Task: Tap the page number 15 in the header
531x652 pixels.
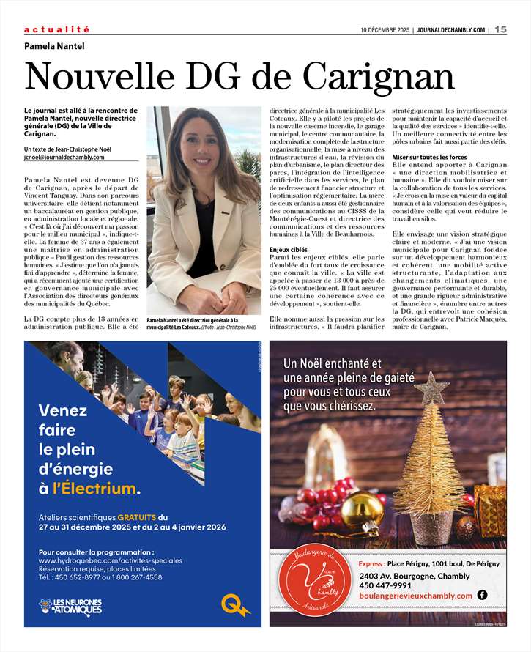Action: point(500,29)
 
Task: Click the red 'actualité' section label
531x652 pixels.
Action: point(56,29)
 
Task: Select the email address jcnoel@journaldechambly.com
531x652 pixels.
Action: point(64,157)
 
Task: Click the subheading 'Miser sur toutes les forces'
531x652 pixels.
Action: point(429,158)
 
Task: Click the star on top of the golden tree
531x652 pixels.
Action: point(431,386)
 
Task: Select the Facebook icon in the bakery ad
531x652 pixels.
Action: point(482,595)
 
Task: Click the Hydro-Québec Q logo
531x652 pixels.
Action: point(235,605)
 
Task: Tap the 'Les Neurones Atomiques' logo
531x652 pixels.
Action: point(71,606)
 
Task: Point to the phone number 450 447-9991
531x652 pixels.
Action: point(387,585)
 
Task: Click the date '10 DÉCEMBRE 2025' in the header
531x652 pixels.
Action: point(385,30)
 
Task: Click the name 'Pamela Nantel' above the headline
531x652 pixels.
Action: point(54,46)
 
